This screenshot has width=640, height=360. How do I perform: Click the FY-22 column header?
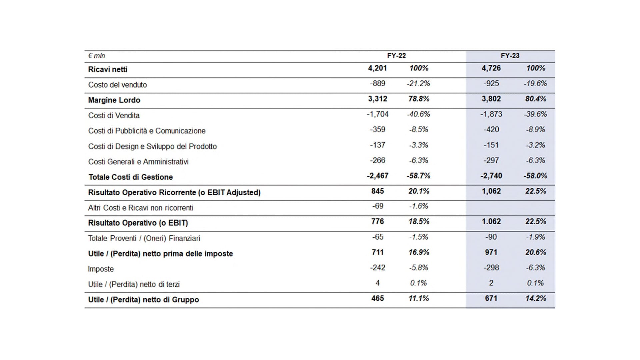coord(396,56)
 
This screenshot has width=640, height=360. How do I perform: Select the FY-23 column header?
coord(510,56)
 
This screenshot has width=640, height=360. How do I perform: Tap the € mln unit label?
coord(97,56)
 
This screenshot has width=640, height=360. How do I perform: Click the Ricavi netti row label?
coord(108,69)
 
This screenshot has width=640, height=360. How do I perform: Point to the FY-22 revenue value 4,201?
coord(377,68)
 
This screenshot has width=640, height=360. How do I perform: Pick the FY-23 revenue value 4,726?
coord(491,68)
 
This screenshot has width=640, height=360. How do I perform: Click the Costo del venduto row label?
coord(117,85)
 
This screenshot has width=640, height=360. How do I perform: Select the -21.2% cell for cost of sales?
coord(418,83)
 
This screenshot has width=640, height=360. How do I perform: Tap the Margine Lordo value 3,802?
coord(491,99)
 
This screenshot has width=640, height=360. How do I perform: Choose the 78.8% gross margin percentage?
coord(419,99)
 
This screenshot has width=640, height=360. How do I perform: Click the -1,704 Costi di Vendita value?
coord(378,114)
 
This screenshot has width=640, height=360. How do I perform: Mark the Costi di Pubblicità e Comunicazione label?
coord(147,131)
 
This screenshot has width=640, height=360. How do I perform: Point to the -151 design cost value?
coord(491,145)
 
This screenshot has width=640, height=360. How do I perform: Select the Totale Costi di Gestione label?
coord(131,177)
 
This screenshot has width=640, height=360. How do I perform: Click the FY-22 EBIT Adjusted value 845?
coord(378,191)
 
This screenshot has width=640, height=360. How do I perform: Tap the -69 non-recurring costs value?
coord(378,206)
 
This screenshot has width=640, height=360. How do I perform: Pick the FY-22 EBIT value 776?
coord(378,222)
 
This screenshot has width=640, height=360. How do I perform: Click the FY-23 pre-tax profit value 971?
coord(491,252)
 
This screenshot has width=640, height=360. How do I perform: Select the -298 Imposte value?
coord(491,268)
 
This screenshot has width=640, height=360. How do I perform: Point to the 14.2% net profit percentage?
coord(536,298)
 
